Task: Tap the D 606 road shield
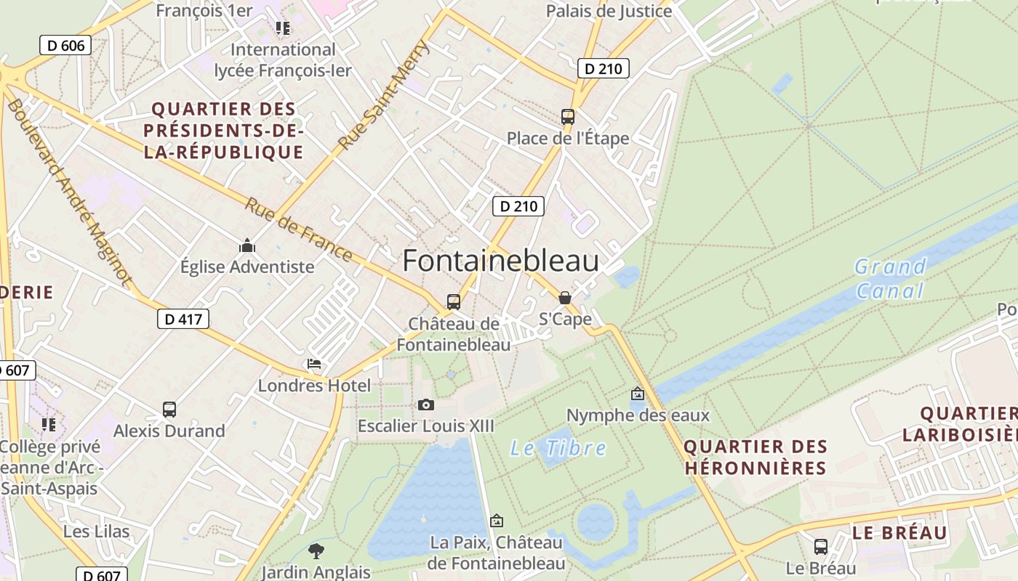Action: click(65, 46)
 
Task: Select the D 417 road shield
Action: click(183, 318)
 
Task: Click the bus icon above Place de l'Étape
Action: click(567, 116)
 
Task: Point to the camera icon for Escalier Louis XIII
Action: click(426, 405)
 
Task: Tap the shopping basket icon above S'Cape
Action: click(564, 298)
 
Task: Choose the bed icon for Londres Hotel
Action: click(314, 364)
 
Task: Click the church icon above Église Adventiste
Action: click(247, 245)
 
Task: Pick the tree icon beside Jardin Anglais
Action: click(316, 550)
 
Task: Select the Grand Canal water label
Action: click(889, 279)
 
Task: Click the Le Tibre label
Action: click(558, 448)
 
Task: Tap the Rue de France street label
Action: click(298, 229)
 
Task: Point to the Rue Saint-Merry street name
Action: click(385, 94)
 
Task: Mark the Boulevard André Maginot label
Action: click(68, 193)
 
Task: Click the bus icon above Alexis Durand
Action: click(169, 410)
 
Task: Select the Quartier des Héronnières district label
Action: click(756, 457)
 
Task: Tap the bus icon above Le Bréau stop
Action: click(821, 547)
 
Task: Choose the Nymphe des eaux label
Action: click(638, 415)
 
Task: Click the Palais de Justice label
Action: click(609, 11)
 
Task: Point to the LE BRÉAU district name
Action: click(899, 533)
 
